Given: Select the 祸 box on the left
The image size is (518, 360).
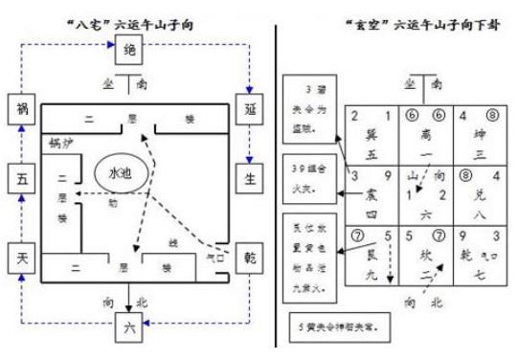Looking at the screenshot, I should (21, 108).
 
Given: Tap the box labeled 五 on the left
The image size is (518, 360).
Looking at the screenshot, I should (21, 177).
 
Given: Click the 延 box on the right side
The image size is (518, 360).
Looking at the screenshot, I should (247, 108).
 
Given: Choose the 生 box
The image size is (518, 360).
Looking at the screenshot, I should (247, 176).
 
